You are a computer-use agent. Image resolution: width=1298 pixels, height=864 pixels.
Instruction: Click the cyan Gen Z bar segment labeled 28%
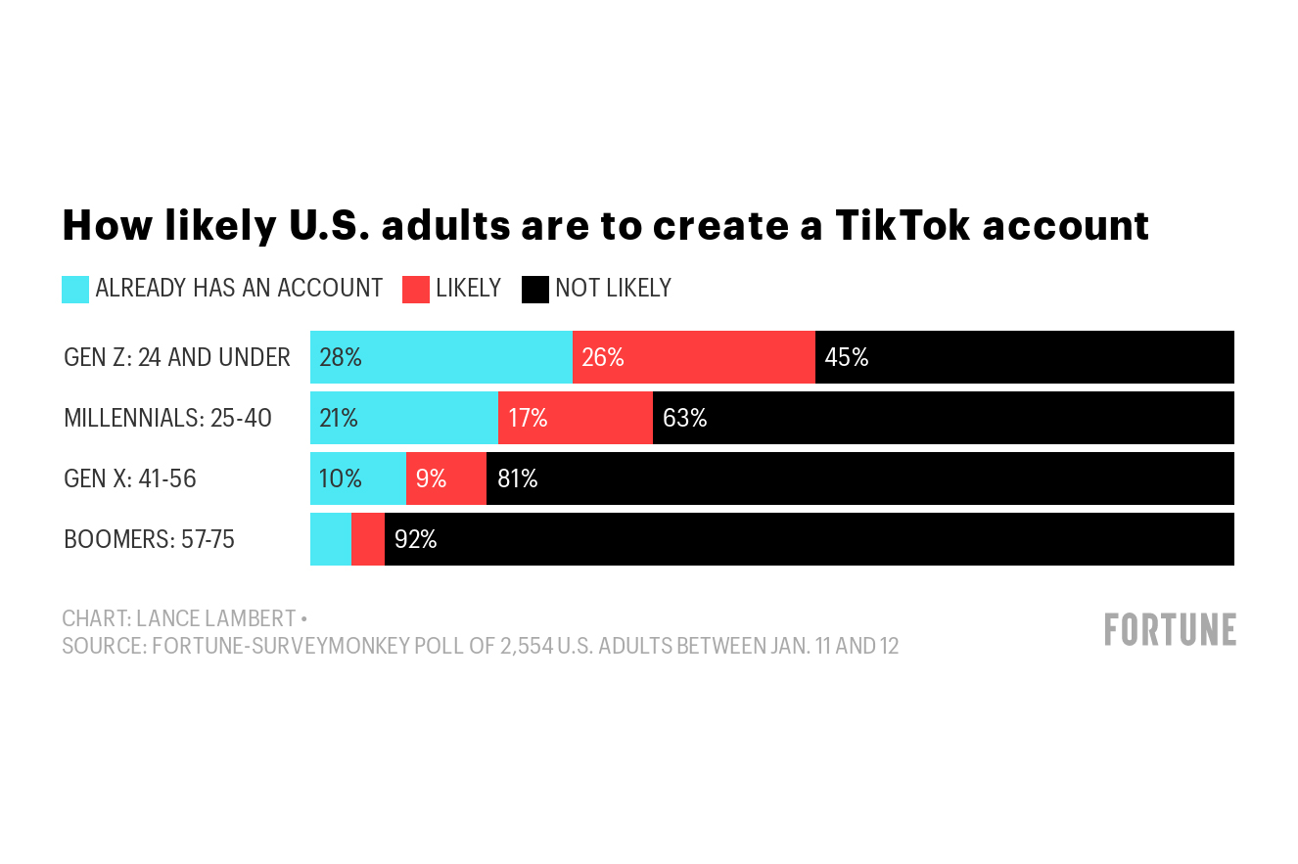(x=440, y=357)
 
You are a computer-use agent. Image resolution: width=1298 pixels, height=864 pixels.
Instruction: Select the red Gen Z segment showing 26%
(x=693, y=357)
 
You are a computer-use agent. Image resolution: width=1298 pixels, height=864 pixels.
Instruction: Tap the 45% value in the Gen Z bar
(x=846, y=357)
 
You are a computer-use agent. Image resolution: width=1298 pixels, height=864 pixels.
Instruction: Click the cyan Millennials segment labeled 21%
(x=403, y=418)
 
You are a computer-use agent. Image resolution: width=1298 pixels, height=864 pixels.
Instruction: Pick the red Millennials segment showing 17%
(x=575, y=418)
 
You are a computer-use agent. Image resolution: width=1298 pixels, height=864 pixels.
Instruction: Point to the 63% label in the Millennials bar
(x=684, y=418)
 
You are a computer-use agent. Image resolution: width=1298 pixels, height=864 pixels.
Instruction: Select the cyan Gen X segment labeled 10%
(x=357, y=478)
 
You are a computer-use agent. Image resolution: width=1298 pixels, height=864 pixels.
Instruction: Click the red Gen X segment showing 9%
(x=445, y=478)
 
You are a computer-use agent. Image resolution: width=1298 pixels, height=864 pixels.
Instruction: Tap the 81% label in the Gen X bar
(x=517, y=478)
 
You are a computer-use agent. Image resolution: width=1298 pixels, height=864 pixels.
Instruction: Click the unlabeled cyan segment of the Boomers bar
(x=330, y=539)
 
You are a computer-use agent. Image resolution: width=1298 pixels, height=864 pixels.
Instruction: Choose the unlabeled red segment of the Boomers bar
(x=367, y=539)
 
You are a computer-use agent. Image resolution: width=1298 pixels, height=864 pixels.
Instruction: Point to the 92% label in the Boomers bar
(x=415, y=539)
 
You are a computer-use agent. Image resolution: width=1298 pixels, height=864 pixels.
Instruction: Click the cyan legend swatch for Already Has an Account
(x=75, y=289)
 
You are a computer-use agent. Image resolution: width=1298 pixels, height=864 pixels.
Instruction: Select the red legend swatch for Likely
(x=416, y=289)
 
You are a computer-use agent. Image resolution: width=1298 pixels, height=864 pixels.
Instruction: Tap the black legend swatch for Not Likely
(x=535, y=289)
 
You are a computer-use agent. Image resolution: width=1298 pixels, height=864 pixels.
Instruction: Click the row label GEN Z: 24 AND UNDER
(x=176, y=357)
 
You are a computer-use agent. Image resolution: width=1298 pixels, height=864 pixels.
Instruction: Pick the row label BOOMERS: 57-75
(x=149, y=539)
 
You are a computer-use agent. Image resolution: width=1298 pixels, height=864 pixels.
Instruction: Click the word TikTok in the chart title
(x=901, y=225)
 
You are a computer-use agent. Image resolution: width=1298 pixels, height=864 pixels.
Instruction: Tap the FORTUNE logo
(x=1170, y=629)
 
